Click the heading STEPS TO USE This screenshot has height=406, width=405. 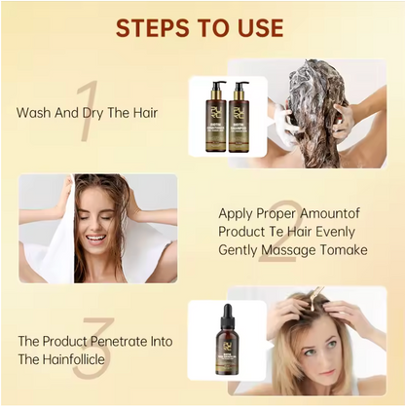202,28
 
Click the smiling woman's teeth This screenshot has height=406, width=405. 95,238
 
